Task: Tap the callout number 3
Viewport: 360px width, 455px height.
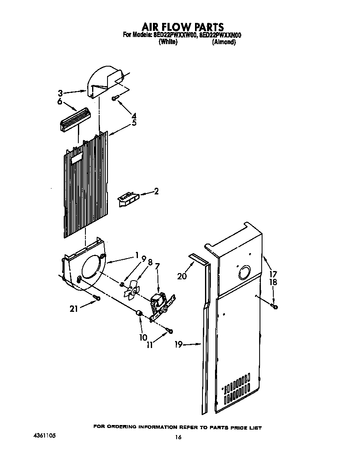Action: click(x=60, y=93)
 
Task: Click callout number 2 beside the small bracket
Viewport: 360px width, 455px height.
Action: click(x=156, y=191)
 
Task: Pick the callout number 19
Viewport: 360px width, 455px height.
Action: click(x=178, y=344)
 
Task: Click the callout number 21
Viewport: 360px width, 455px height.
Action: click(x=74, y=308)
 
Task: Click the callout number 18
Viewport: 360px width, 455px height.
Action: click(x=273, y=282)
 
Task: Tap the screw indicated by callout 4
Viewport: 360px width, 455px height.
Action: click(x=115, y=98)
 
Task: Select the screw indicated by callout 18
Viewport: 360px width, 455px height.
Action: click(x=274, y=307)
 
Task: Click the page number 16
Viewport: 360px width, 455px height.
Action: click(x=178, y=437)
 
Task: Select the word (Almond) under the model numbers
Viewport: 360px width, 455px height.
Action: click(x=224, y=42)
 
